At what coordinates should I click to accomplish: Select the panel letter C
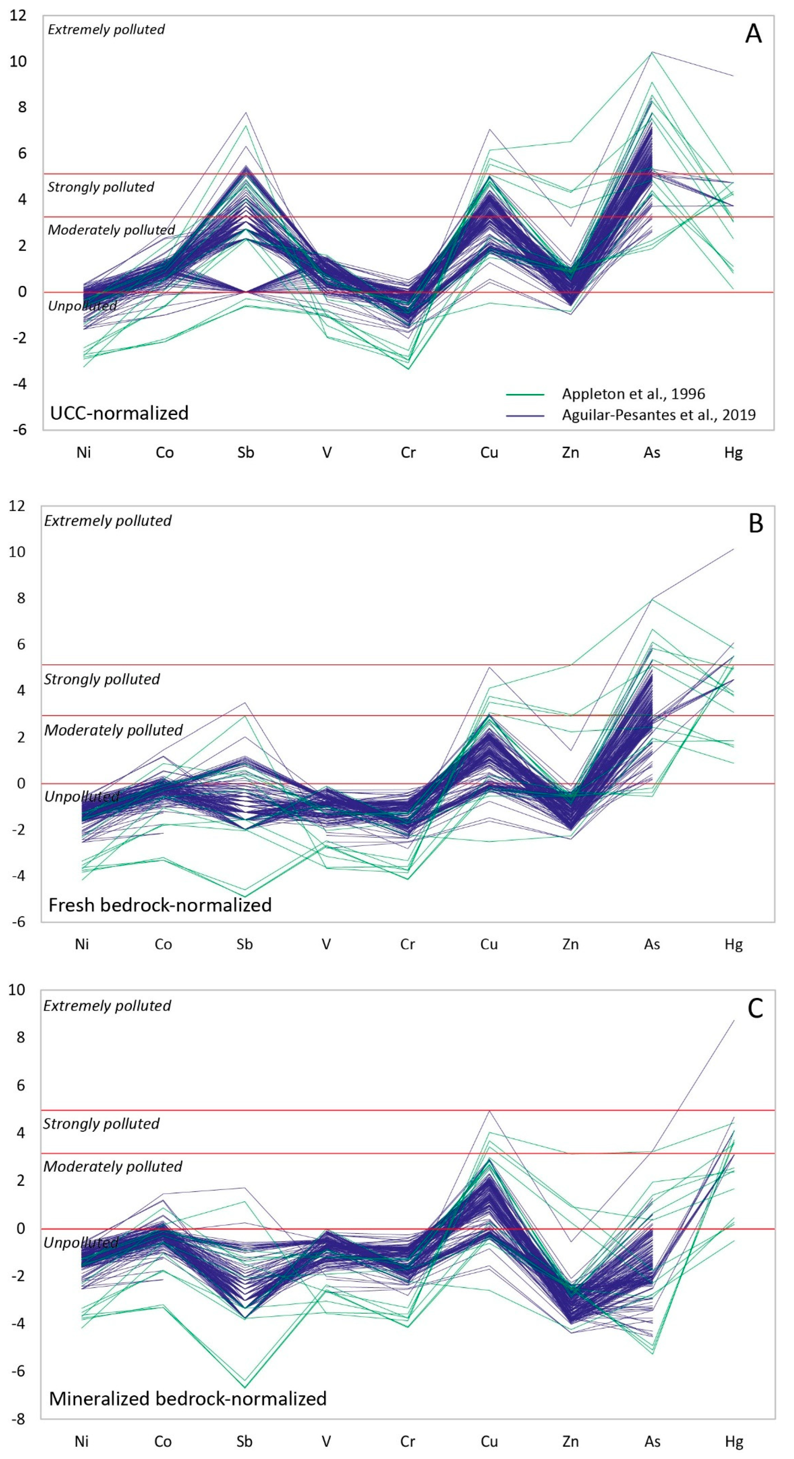click(755, 1008)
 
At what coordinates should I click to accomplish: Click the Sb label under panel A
click(246, 453)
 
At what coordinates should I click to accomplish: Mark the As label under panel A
click(652, 453)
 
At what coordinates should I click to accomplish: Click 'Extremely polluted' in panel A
click(106, 29)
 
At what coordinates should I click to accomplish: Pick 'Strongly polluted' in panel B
click(102, 679)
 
